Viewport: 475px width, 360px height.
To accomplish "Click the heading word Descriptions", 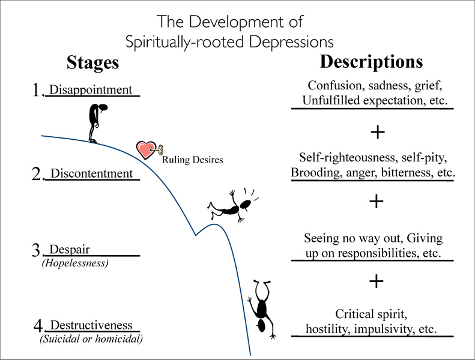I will point(371,62).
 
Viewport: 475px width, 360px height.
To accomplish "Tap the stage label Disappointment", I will point(91,90).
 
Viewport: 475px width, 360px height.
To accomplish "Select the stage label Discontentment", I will point(91,173).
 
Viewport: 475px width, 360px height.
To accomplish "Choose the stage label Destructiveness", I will point(91,325).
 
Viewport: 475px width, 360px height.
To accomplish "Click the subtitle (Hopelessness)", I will point(74,262).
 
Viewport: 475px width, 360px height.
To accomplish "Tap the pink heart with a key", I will point(146,150).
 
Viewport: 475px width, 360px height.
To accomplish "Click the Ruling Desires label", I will point(193,160).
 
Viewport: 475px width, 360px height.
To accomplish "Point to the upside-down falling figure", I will point(262,306).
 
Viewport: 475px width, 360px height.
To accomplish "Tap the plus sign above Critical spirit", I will point(376,281).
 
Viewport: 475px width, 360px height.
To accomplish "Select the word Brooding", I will point(313,172).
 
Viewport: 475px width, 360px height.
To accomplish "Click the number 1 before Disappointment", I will point(37,91).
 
